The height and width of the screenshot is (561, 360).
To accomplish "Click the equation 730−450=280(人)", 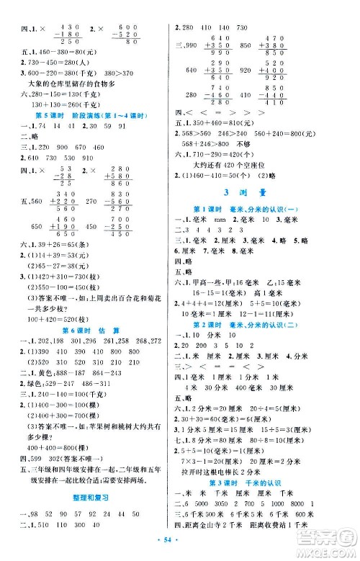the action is click(52, 61).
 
